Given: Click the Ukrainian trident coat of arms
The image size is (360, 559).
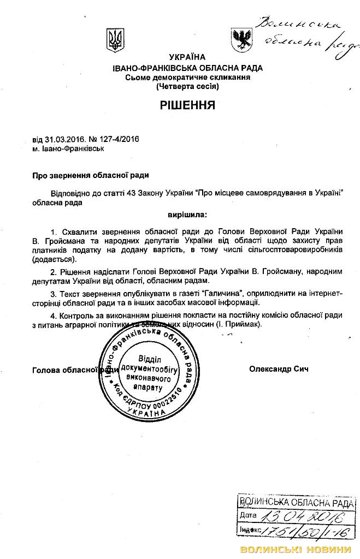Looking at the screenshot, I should coord(115,38).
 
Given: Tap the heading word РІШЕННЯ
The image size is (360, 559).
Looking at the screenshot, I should coord(187,104).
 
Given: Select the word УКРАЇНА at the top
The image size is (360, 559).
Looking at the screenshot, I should coord(187,57).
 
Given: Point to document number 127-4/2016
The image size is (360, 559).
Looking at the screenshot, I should coord(116,139).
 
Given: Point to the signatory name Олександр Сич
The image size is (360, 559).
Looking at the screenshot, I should coord(279,369).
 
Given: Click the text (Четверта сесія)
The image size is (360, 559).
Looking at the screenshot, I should coord(187,86).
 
